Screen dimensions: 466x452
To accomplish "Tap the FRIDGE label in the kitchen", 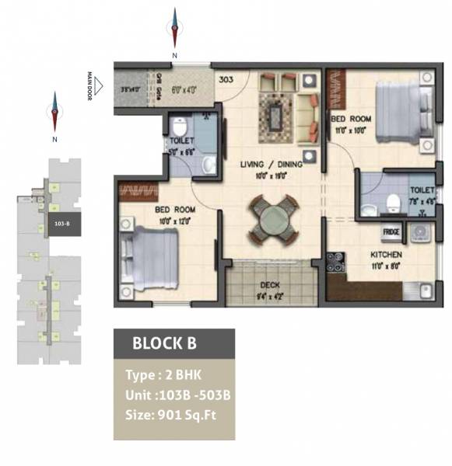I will [390, 231].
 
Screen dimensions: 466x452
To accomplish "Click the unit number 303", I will [226, 78].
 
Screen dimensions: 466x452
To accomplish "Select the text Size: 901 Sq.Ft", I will [170, 414].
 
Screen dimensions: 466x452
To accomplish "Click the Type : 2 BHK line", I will [158, 375].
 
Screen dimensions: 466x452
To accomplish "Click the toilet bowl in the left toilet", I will [180, 125].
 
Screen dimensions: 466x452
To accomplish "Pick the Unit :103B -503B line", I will [178, 395].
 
